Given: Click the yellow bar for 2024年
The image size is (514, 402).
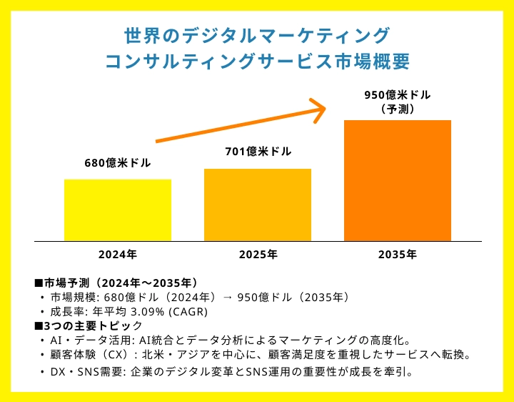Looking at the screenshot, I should [118, 210].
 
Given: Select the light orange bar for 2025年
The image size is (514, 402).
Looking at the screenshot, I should [258, 205].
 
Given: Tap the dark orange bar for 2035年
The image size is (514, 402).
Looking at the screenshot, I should [398, 180].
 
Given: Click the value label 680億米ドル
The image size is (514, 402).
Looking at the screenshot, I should [118, 162].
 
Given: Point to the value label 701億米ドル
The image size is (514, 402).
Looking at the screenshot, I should [258, 152].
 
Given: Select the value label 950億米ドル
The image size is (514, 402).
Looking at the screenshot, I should [398, 94].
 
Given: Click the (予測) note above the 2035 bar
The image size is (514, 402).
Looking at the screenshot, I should [398, 109].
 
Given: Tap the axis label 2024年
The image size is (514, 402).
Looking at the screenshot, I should [118, 254].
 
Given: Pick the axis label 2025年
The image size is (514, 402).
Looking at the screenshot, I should [258, 254].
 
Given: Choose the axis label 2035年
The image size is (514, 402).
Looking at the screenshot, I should [398, 254].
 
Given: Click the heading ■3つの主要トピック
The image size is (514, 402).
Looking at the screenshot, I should [89, 325].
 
